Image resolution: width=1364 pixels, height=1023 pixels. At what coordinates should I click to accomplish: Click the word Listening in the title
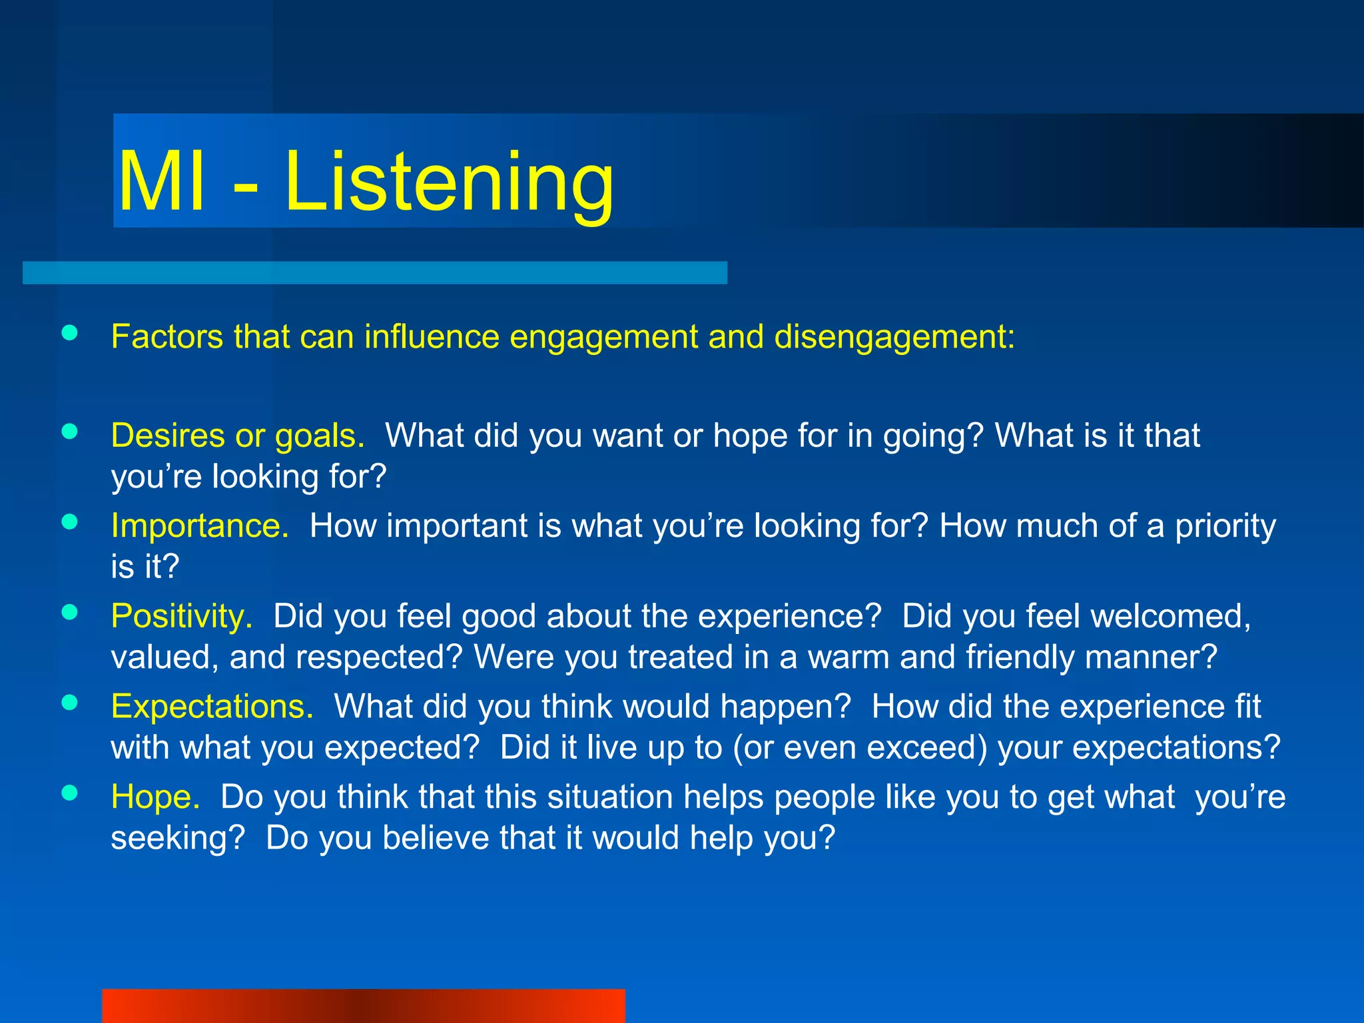(x=448, y=183)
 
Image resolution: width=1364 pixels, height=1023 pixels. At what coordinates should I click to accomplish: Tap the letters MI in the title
(x=161, y=183)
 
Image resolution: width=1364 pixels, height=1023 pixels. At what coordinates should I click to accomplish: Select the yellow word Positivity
(x=182, y=616)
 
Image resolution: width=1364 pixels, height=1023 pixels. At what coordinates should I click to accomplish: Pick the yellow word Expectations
(x=212, y=707)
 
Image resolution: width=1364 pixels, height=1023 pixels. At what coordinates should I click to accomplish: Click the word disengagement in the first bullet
(x=894, y=337)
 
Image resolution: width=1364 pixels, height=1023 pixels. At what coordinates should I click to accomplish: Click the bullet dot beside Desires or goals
(x=69, y=432)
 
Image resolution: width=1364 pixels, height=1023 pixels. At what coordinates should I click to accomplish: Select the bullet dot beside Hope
(x=69, y=793)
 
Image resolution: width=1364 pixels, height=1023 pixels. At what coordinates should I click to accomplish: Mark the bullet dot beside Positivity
(x=69, y=612)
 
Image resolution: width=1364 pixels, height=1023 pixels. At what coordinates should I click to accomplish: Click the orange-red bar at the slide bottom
(x=364, y=1006)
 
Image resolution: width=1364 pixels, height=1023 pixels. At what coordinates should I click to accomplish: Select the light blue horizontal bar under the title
(x=374, y=272)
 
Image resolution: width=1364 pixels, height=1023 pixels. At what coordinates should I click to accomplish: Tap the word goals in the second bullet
(x=320, y=437)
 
